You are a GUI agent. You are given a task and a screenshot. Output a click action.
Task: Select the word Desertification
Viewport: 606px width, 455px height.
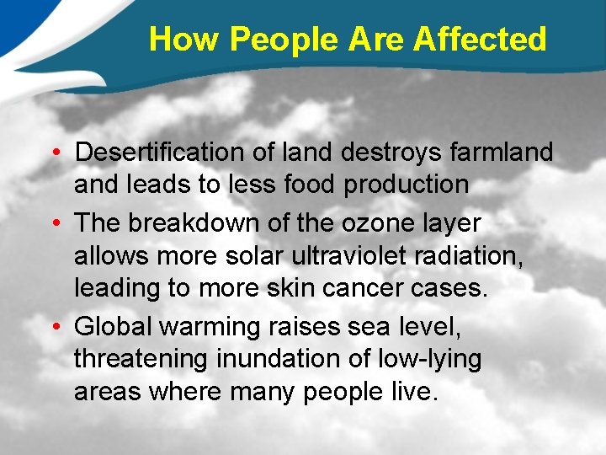click(158, 153)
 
